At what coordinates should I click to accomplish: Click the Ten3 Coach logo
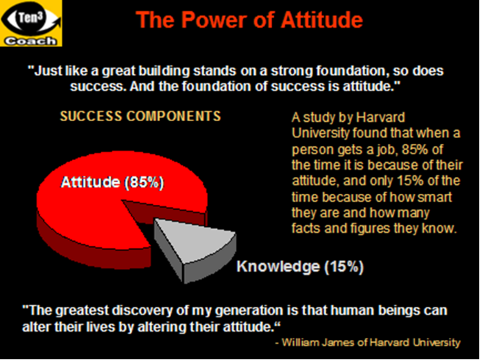point(31,24)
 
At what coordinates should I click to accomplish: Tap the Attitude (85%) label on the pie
point(112,183)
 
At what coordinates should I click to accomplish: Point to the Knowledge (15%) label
point(300,267)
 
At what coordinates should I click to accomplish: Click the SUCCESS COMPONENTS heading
point(140,116)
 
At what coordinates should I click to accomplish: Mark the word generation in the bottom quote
point(249,311)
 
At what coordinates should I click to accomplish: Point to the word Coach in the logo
point(30,41)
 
